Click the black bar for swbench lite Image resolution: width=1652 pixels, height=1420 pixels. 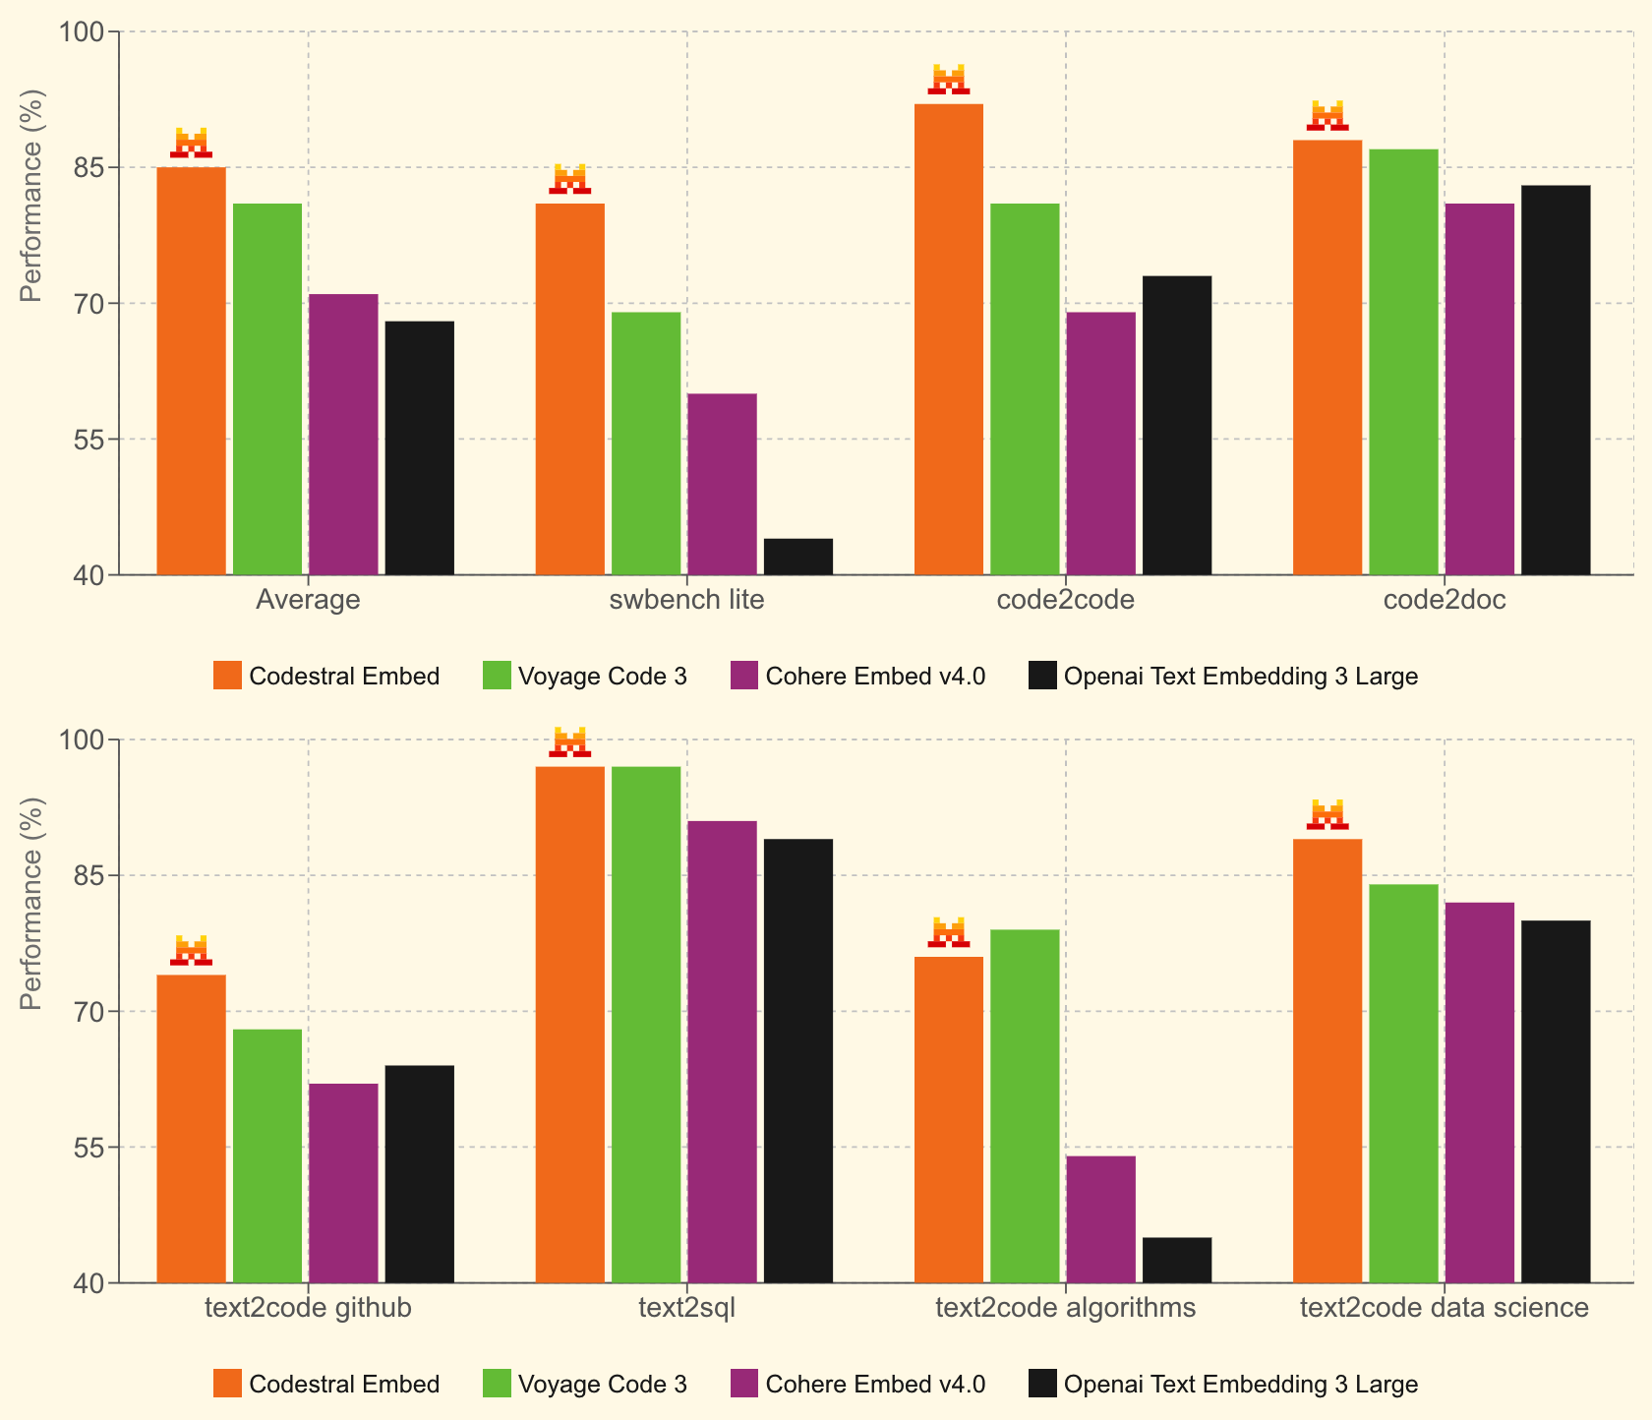tap(798, 557)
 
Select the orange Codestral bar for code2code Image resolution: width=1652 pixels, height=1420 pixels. tap(949, 339)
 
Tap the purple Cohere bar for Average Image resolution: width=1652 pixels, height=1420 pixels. tap(343, 434)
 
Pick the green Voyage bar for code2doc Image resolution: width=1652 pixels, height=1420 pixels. tap(1403, 362)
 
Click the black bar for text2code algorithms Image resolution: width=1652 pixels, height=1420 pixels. tap(1177, 1260)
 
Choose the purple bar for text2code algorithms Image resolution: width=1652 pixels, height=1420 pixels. tap(1101, 1219)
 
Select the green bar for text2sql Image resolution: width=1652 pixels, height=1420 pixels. tap(646, 1024)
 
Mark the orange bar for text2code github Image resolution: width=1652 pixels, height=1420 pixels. tap(192, 1128)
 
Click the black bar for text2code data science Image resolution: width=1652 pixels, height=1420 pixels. tap(1556, 1101)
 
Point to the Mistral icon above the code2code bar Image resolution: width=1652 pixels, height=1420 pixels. tap(949, 80)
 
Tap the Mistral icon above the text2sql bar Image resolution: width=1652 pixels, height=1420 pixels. tap(570, 741)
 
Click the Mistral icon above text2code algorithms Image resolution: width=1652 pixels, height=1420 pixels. tap(949, 932)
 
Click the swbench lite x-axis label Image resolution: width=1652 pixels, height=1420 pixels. tap(686, 600)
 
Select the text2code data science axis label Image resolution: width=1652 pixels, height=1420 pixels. tap(1444, 1308)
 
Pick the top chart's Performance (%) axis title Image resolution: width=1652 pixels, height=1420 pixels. tap(31, 196)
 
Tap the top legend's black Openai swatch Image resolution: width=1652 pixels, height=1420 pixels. tap(1042, 677)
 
